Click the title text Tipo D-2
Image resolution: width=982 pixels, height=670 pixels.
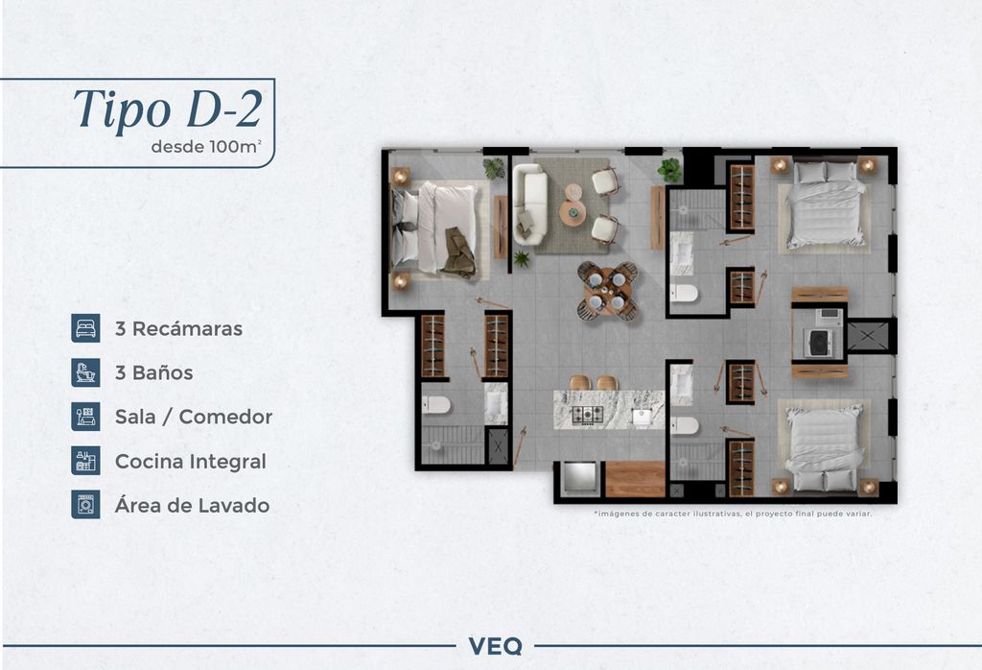(x=168, y=109)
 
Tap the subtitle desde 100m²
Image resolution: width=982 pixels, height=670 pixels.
(x=206, y=147)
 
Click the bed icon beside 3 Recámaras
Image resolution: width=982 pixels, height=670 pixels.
(x=85, y=328)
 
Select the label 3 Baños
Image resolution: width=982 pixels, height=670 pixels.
(x=154, y=373)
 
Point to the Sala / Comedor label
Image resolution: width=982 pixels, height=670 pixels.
(x=194, y=417)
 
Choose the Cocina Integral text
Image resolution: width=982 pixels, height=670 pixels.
(x=191, y=462)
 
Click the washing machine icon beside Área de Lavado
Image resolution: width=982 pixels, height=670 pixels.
(x=85, y=505)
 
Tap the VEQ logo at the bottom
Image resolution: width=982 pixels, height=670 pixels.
(x=496, y=646)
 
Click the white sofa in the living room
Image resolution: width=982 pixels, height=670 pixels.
(x=529, y=204)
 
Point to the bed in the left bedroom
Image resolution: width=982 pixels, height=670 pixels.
(x=434, y=228)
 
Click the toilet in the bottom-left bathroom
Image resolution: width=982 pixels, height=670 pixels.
(x=436, y=405)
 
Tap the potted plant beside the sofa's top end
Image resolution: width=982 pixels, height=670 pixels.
(x=494, y=168)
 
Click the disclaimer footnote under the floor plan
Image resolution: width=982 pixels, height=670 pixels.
(x=733, y=514)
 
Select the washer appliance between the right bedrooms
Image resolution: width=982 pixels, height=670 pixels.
(x=819, y=343)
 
